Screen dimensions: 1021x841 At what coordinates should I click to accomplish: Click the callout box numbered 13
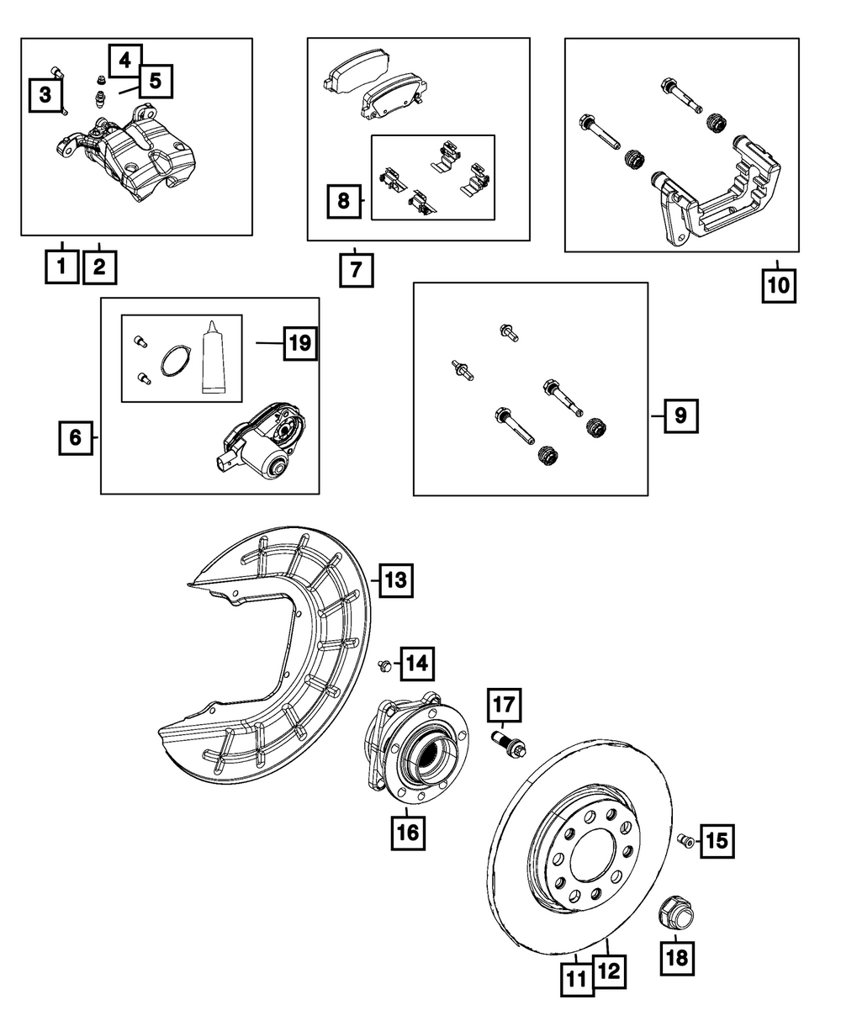(395, 579)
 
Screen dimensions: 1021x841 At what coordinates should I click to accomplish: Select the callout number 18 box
(678, 956)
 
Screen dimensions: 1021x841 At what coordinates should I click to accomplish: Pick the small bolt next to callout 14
(384, 665)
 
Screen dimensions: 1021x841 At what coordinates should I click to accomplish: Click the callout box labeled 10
(778, 284)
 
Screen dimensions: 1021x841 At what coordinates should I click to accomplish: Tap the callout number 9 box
(680, 415)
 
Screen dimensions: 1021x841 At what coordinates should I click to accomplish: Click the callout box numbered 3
(45, 94)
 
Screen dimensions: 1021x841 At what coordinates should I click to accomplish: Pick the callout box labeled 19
(300, 343)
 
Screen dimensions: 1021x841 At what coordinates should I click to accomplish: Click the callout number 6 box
(76, 437)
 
